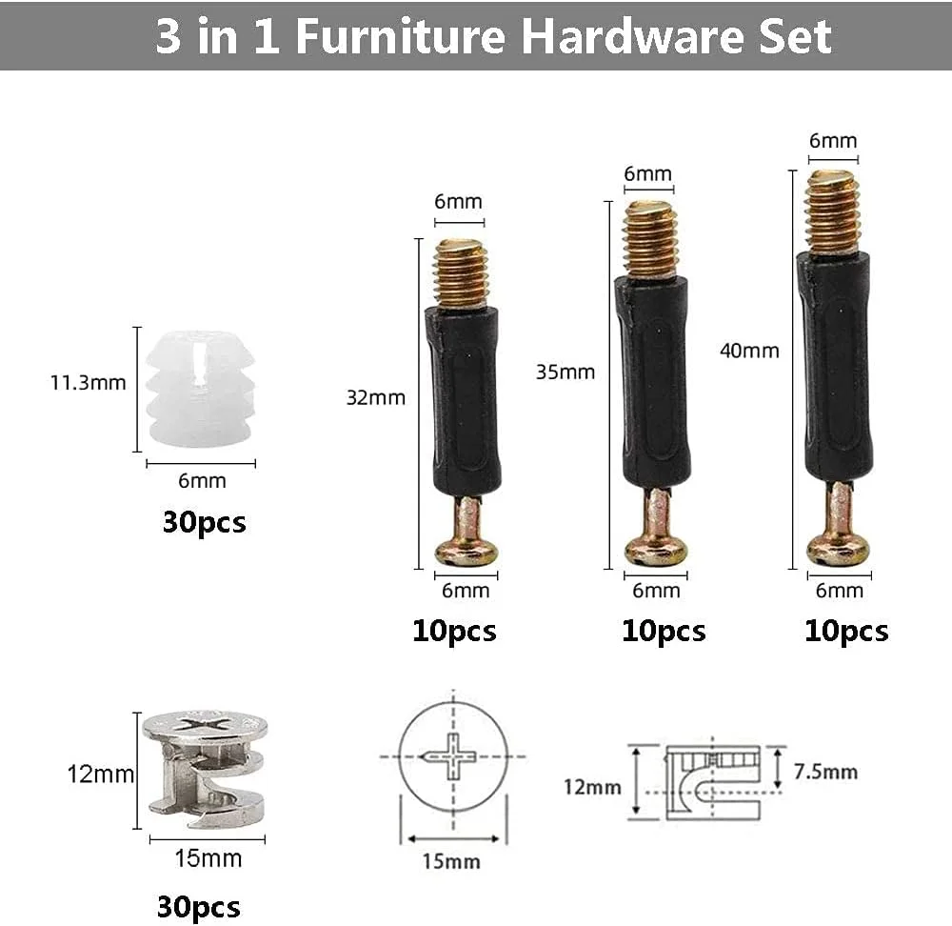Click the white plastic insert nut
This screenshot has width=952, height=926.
click(199, 389)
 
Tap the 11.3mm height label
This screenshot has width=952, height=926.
click(88, 383)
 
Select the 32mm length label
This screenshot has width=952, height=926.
click(375, 397)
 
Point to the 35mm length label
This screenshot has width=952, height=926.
click(565, 372)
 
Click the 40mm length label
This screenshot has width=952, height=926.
click(749, 351)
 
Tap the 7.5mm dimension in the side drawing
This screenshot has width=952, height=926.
click(825, 772)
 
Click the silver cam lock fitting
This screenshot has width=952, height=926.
click(206, 769)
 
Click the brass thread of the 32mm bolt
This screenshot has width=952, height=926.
click(462, 273)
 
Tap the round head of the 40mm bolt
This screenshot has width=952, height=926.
click(838, 550)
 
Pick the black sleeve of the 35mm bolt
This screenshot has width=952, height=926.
click(653, 383)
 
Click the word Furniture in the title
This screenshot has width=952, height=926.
click(401, 35)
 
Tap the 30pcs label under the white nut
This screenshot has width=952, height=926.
click(204, 522)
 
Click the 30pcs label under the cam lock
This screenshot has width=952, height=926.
click(199, 907)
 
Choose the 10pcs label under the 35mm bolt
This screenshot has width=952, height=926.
click(664, 631)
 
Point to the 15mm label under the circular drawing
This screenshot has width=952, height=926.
click(451, 861)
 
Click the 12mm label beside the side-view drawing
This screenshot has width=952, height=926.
click(592, 787)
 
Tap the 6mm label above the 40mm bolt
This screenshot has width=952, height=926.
click(833, 140)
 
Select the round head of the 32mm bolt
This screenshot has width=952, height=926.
click(466, 550)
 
